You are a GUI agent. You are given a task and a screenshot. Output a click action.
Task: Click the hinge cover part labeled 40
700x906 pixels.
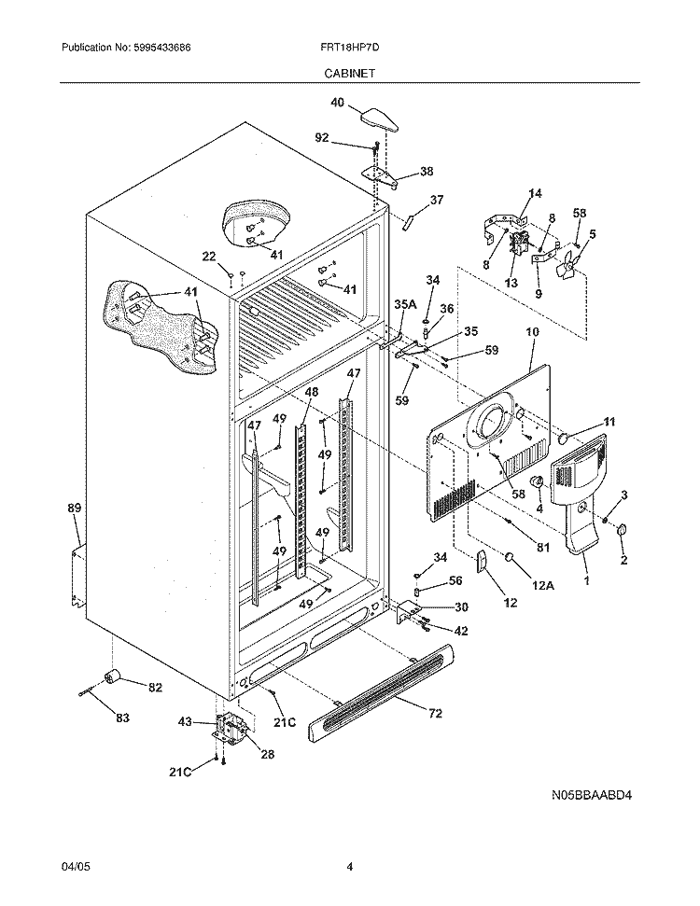[381, 118]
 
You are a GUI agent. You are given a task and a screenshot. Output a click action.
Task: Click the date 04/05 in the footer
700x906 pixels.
[74, 867]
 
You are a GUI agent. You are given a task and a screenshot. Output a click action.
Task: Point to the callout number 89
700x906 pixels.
[75, 508]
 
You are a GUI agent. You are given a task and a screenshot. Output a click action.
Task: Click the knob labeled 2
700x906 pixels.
[623, 532]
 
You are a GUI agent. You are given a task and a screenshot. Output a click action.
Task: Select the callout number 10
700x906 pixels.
[533, 331]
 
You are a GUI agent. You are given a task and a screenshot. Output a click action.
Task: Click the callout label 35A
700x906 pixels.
[405, 303]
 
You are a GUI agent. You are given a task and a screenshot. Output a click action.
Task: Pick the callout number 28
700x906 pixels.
[267, 754]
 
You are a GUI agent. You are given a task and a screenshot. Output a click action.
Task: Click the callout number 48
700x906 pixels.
[311, 392]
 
